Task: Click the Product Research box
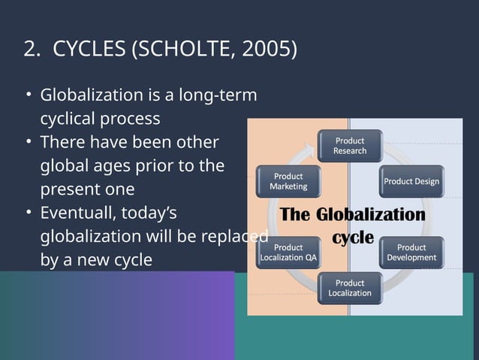[350, 146]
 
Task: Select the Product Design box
[411, 181]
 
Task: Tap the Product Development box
[411, 253]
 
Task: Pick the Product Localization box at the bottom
[350, 288]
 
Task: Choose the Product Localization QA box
[288, 253]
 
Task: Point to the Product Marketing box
[288, 181]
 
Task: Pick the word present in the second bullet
[69, 189]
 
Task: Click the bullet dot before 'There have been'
[27, 143]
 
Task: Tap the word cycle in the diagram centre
[353, 237]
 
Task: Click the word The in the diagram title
[295, 215]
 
